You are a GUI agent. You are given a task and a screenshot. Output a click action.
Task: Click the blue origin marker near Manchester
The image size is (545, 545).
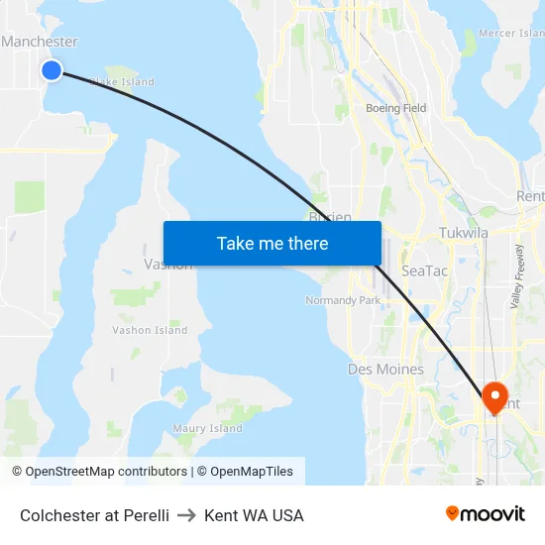point(52,69)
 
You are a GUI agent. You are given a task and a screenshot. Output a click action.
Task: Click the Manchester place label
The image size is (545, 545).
point(40,42)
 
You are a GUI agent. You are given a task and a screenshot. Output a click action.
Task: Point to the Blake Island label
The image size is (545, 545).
point(123,82)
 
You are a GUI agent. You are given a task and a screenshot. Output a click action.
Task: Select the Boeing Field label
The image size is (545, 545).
point(395,108)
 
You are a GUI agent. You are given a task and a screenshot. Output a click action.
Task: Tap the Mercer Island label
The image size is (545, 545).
point(510,33)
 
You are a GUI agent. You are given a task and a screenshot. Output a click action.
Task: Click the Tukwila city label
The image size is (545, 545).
point(464,233)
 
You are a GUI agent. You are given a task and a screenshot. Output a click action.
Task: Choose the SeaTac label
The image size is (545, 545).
point(425,271)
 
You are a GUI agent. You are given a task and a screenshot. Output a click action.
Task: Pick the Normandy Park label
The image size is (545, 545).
point(343,300)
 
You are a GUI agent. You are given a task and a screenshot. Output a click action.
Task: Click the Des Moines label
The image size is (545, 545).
point(385,370)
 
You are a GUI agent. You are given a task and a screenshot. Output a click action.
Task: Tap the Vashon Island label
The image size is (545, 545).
point(150,330)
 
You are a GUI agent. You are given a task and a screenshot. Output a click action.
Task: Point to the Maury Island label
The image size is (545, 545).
point(207,428)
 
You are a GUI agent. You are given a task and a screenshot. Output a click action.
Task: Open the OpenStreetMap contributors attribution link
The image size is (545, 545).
point(99,472)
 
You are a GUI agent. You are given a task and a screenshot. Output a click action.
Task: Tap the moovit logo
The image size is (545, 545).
point(485,514)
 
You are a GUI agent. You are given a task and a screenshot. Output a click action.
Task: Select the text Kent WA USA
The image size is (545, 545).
point(254,515)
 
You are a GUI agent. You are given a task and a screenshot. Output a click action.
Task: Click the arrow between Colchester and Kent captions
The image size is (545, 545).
point(186,515)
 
